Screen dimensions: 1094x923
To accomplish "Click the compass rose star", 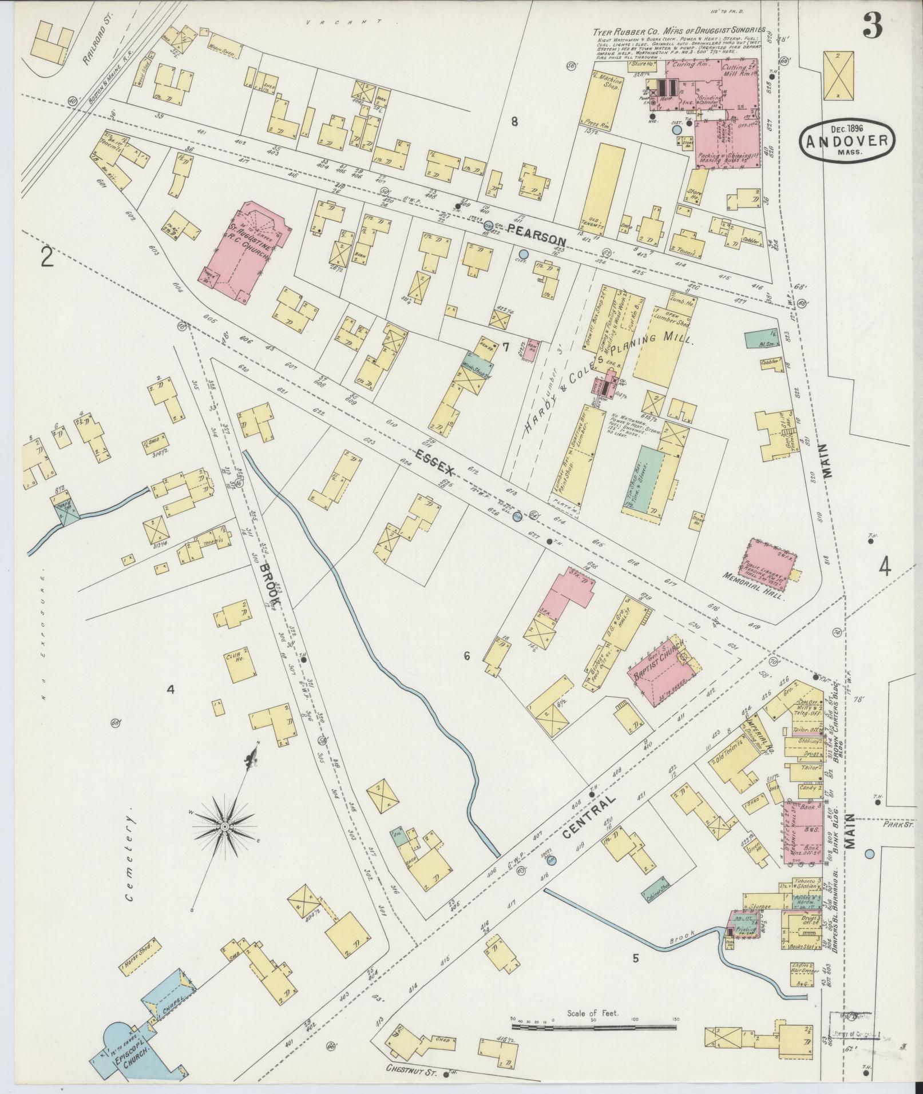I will click(225, 827).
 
